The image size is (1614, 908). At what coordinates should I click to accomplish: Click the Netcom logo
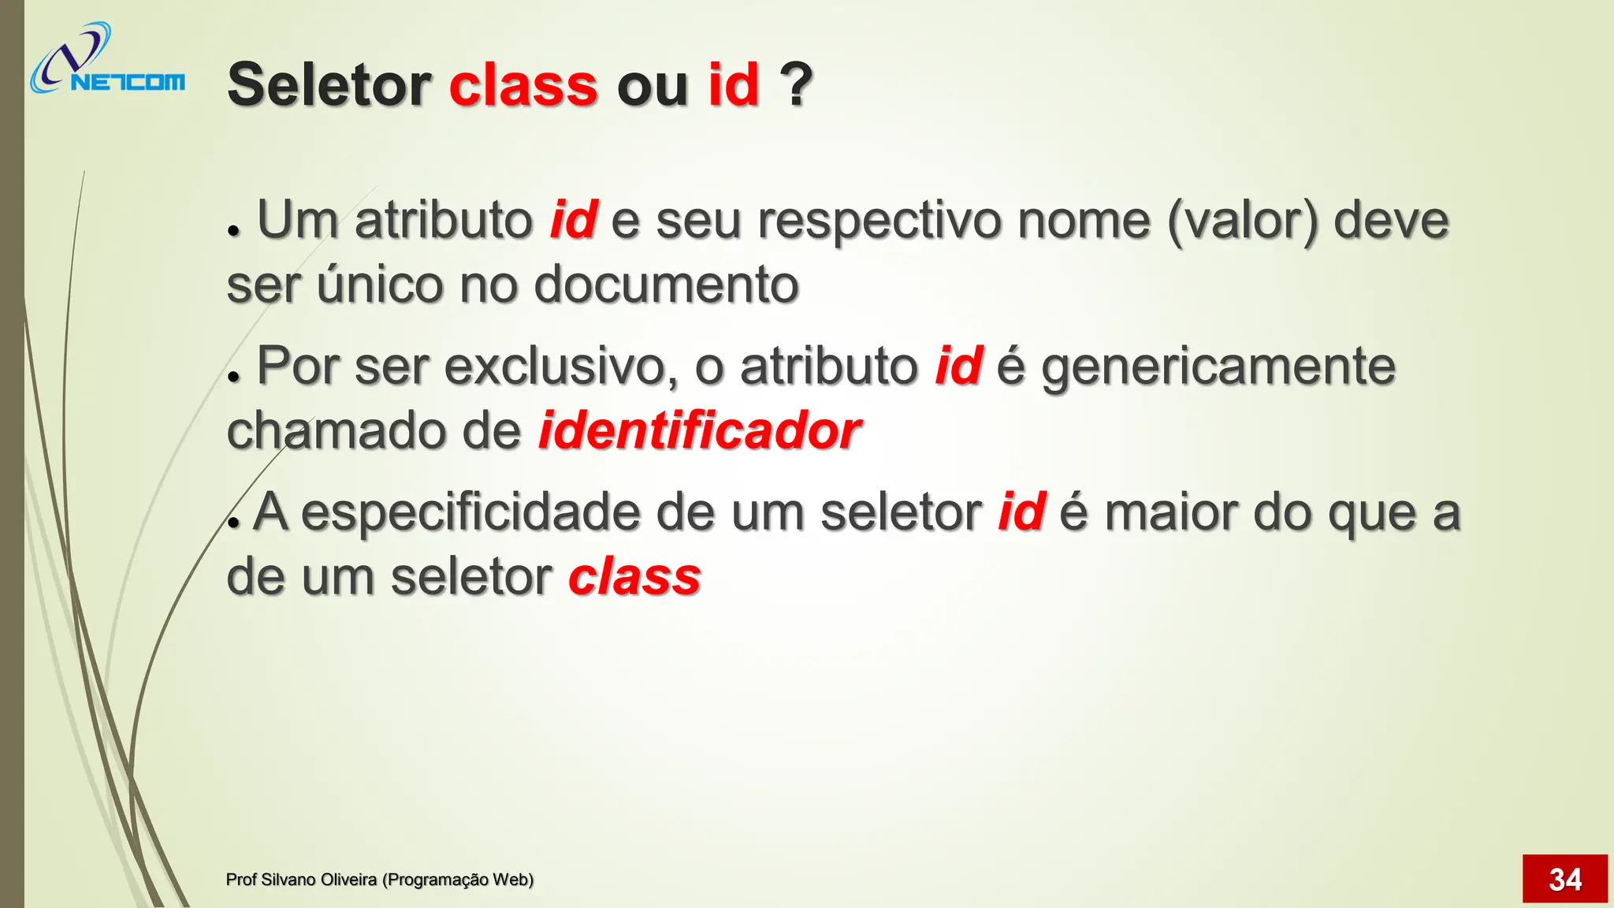[x=107, y=59]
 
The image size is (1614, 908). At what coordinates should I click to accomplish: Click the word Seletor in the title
[x=329, y=84]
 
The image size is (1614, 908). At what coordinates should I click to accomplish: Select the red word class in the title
[x=523, y=84]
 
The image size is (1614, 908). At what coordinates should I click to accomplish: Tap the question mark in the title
[x=796, y=84]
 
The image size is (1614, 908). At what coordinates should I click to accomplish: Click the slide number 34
[x=1564, y=879]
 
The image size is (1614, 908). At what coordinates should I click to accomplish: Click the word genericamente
[x=1218, y=366]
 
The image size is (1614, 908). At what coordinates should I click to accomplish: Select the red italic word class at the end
[x=634, y=577]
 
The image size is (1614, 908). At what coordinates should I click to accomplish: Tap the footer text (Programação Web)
[x=457, y=880]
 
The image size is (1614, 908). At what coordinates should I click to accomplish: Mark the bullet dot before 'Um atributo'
[x=232, y=231]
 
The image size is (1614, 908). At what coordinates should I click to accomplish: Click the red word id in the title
[x=733, y=84]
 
